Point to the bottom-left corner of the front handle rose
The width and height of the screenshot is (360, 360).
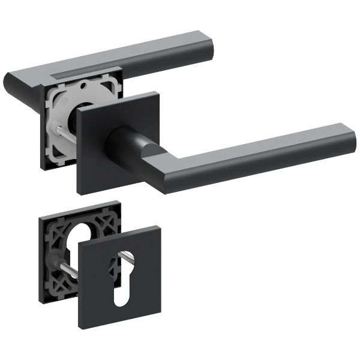coord(79,193)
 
